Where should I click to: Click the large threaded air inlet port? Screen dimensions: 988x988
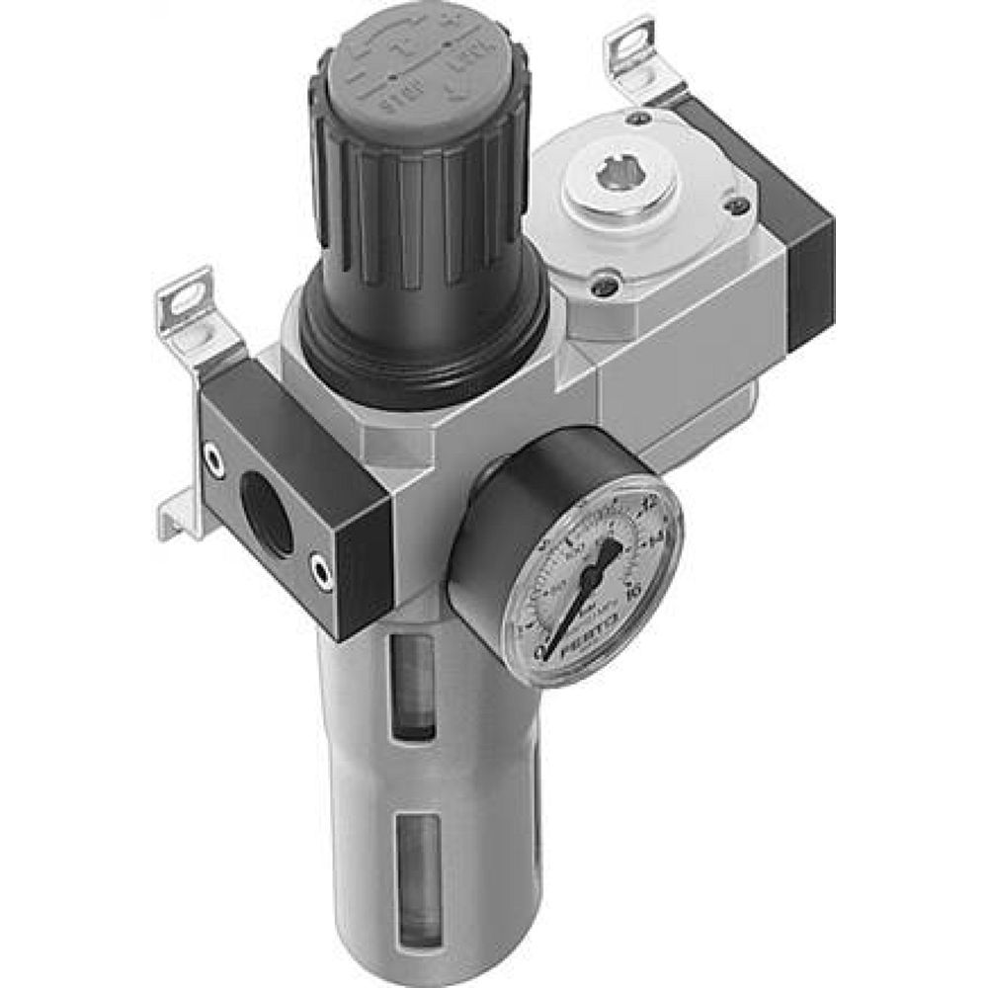pyautogui.click(x=266, y=514)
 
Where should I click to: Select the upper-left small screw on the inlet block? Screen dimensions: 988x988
pyautogui.click(x=210, y=455)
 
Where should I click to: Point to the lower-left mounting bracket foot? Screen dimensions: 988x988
pyautogui.click(x=176, y=519)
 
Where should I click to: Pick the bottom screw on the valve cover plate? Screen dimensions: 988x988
pyautogui.click(x=606, y=288)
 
